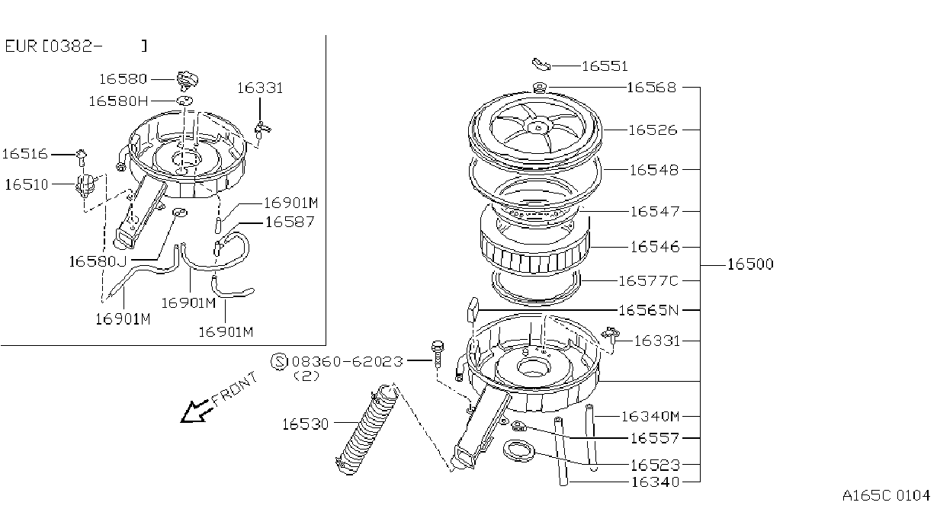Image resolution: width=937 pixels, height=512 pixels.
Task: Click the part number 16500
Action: click(x=750, y=264)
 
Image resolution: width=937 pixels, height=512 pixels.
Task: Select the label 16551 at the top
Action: click(x=605, y=66)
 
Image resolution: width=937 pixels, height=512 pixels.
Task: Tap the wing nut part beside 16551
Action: click(x=541, y=65)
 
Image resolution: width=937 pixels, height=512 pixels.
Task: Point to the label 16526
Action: click(x=653, y=130)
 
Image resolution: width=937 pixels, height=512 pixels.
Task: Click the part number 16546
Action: click(x=655, y=247)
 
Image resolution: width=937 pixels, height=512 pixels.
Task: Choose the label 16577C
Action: click(x=648, y=280)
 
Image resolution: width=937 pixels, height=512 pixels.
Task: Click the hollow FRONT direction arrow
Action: click(x=195, y=411)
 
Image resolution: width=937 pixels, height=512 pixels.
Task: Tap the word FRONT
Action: click(x=235, y=389)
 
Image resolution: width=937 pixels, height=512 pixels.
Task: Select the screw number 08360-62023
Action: click(x=347, y=361)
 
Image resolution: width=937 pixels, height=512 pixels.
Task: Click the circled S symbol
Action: click(x=280, y=362)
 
